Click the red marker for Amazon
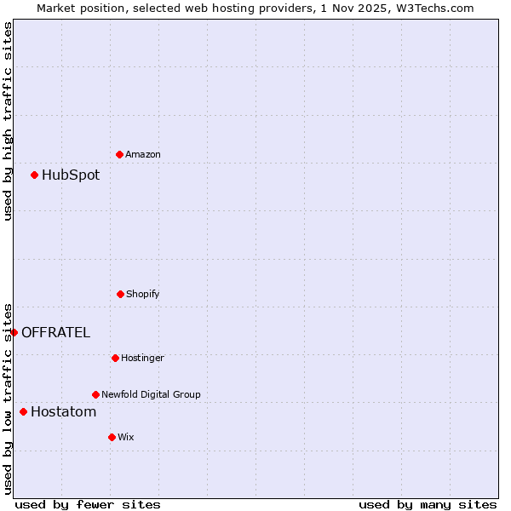119,154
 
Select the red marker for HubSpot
35,175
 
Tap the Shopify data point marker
120,294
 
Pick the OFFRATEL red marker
14,332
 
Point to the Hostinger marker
115,358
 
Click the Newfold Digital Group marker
95,394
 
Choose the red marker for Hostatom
23,412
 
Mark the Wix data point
112,437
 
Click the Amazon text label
143,154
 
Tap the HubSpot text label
71,175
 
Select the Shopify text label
143,294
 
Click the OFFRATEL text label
55,332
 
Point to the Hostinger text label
142,358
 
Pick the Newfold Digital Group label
151,394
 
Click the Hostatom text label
63,412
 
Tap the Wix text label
126,437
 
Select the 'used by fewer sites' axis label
88,504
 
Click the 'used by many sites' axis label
428,504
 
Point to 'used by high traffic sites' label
8,121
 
